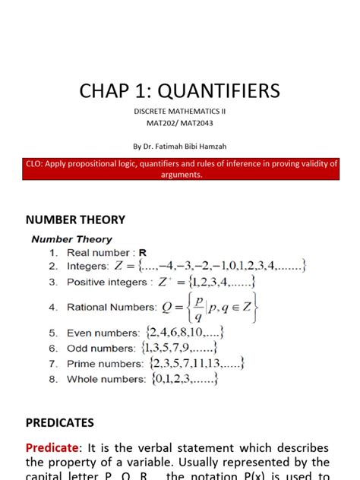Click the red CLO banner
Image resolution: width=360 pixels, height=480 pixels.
tap(180, 169)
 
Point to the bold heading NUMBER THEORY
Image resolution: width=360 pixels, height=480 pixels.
tap(75, 219)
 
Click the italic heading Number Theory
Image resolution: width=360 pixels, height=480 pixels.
tap(71, 239)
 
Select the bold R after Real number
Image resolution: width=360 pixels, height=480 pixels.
tap(142, 252)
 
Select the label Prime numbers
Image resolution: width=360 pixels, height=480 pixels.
tap(105, 364)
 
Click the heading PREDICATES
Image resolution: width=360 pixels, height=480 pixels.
tap(60, 422)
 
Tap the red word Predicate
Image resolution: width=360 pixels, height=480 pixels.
tap(53, 447)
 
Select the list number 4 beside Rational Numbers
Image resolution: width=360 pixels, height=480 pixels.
tap(53, 308)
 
